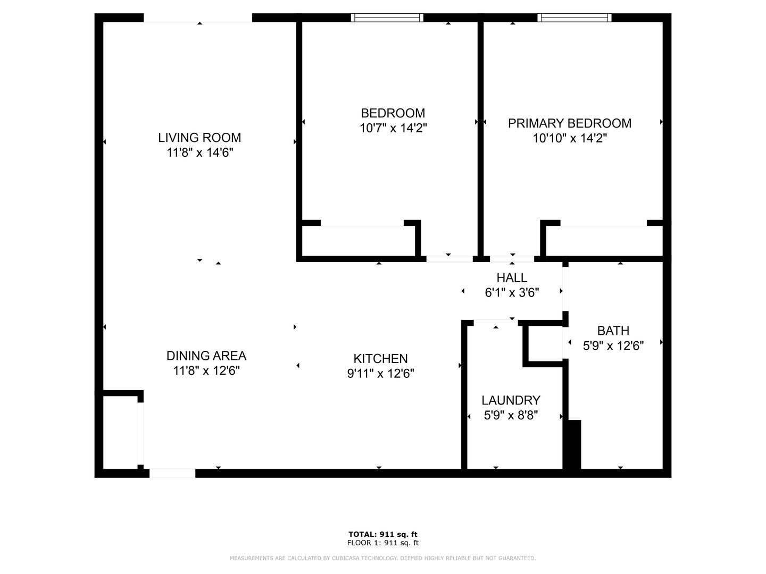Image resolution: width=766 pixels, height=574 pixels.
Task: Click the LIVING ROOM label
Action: pos(199,138)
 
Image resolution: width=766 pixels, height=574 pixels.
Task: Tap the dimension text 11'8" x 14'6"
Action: pos(199,153)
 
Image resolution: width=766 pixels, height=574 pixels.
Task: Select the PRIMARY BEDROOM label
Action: pos(570,123)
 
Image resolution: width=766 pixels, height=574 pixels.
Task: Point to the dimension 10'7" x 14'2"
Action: pos(393,128)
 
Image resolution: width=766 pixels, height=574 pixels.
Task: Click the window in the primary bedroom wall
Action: pos(574,18)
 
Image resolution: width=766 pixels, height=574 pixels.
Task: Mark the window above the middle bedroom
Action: pos(387,18)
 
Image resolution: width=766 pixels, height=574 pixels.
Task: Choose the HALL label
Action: pos(512,278)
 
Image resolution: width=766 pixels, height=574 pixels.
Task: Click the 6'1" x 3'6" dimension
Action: pos(512,293)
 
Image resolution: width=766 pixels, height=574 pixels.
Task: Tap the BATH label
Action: pos(613,331)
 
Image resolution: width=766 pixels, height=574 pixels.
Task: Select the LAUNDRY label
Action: pos(511,400)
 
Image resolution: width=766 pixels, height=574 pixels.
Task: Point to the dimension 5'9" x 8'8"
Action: pos(511,416)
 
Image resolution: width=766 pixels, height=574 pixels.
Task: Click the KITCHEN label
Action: pos(380,359)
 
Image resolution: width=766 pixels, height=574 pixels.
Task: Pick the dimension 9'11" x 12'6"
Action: pos(380,374)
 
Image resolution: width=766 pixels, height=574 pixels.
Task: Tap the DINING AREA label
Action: pos(206,356)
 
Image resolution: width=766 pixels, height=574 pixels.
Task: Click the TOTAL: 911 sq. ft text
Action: pos(383,534)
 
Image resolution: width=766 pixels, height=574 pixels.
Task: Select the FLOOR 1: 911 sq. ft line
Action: pos(383,543)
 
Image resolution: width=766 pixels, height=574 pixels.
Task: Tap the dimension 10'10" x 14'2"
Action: pos(570,138)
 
